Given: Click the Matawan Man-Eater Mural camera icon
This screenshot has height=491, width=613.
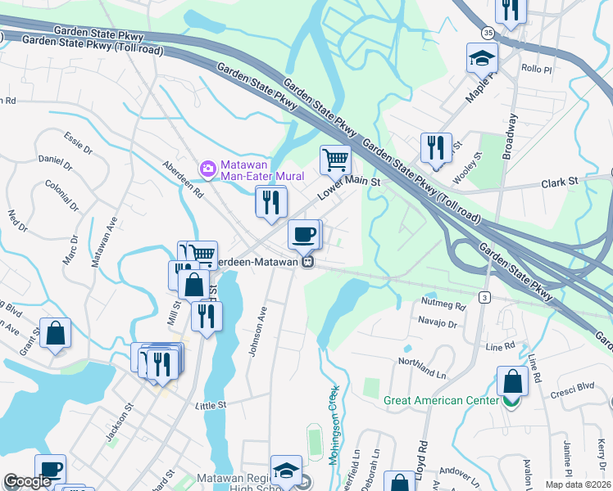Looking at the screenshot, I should click(x=208, y=169).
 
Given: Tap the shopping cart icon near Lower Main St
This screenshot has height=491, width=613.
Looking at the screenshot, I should click(x=334, y=159).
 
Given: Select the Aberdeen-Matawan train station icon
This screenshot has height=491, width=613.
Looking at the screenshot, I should click(x=307, y=261).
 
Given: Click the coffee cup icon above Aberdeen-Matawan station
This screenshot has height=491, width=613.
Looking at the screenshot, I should click(x=304, y=234).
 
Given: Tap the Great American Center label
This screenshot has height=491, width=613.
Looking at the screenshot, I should click(x=441, y=400).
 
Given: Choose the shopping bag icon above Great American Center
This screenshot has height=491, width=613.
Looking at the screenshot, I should click(x=512, y=381).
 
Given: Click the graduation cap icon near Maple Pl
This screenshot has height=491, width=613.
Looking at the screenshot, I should click(x=482, y=57).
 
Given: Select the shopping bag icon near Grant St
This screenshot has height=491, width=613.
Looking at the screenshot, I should click(x=55, y=333).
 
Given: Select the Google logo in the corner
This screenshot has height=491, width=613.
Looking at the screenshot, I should click(x=28, y=481).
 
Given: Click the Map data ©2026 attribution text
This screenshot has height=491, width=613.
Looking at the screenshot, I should click(x=578, y=484).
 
